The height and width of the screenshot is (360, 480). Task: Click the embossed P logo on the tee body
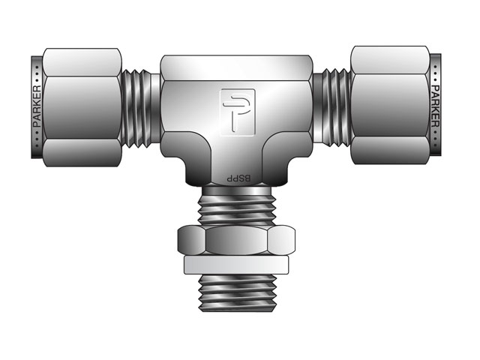coord(238,112)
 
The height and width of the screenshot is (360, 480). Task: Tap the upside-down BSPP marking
coord(238,178)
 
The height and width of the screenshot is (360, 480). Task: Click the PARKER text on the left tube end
coord(37,106)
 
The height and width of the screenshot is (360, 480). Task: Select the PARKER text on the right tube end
coord(435,106)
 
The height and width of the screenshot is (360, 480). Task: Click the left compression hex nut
coord(82,107)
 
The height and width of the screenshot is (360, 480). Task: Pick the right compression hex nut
coord(390,105)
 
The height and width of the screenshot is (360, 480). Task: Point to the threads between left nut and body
coord(136,108)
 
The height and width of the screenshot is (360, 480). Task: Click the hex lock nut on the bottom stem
coord(236,240)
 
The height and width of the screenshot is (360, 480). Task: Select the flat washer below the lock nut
coord(236,265)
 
